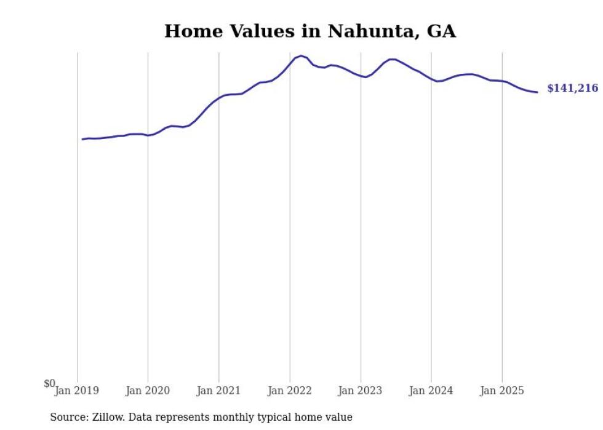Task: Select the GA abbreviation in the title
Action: tap(441, 31)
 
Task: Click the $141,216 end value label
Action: tap(572, 89)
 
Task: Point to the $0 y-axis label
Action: tap(49, 383)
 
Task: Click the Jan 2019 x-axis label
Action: tap(76, 391)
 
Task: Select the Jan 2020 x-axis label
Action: tap(148, 391)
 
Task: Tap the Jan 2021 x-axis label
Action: tap(218, 391)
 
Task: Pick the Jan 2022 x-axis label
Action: tap(290, 391)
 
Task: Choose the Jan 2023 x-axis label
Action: tap(361, 391)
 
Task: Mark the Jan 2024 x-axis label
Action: tap(431, 391)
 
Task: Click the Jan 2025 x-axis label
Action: tap(502, 391)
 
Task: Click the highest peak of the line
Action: tap(301, 55)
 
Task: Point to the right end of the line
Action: tap(537, 92)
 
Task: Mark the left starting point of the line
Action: tap(82, 139)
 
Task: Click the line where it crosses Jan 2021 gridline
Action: tap(218, 98)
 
